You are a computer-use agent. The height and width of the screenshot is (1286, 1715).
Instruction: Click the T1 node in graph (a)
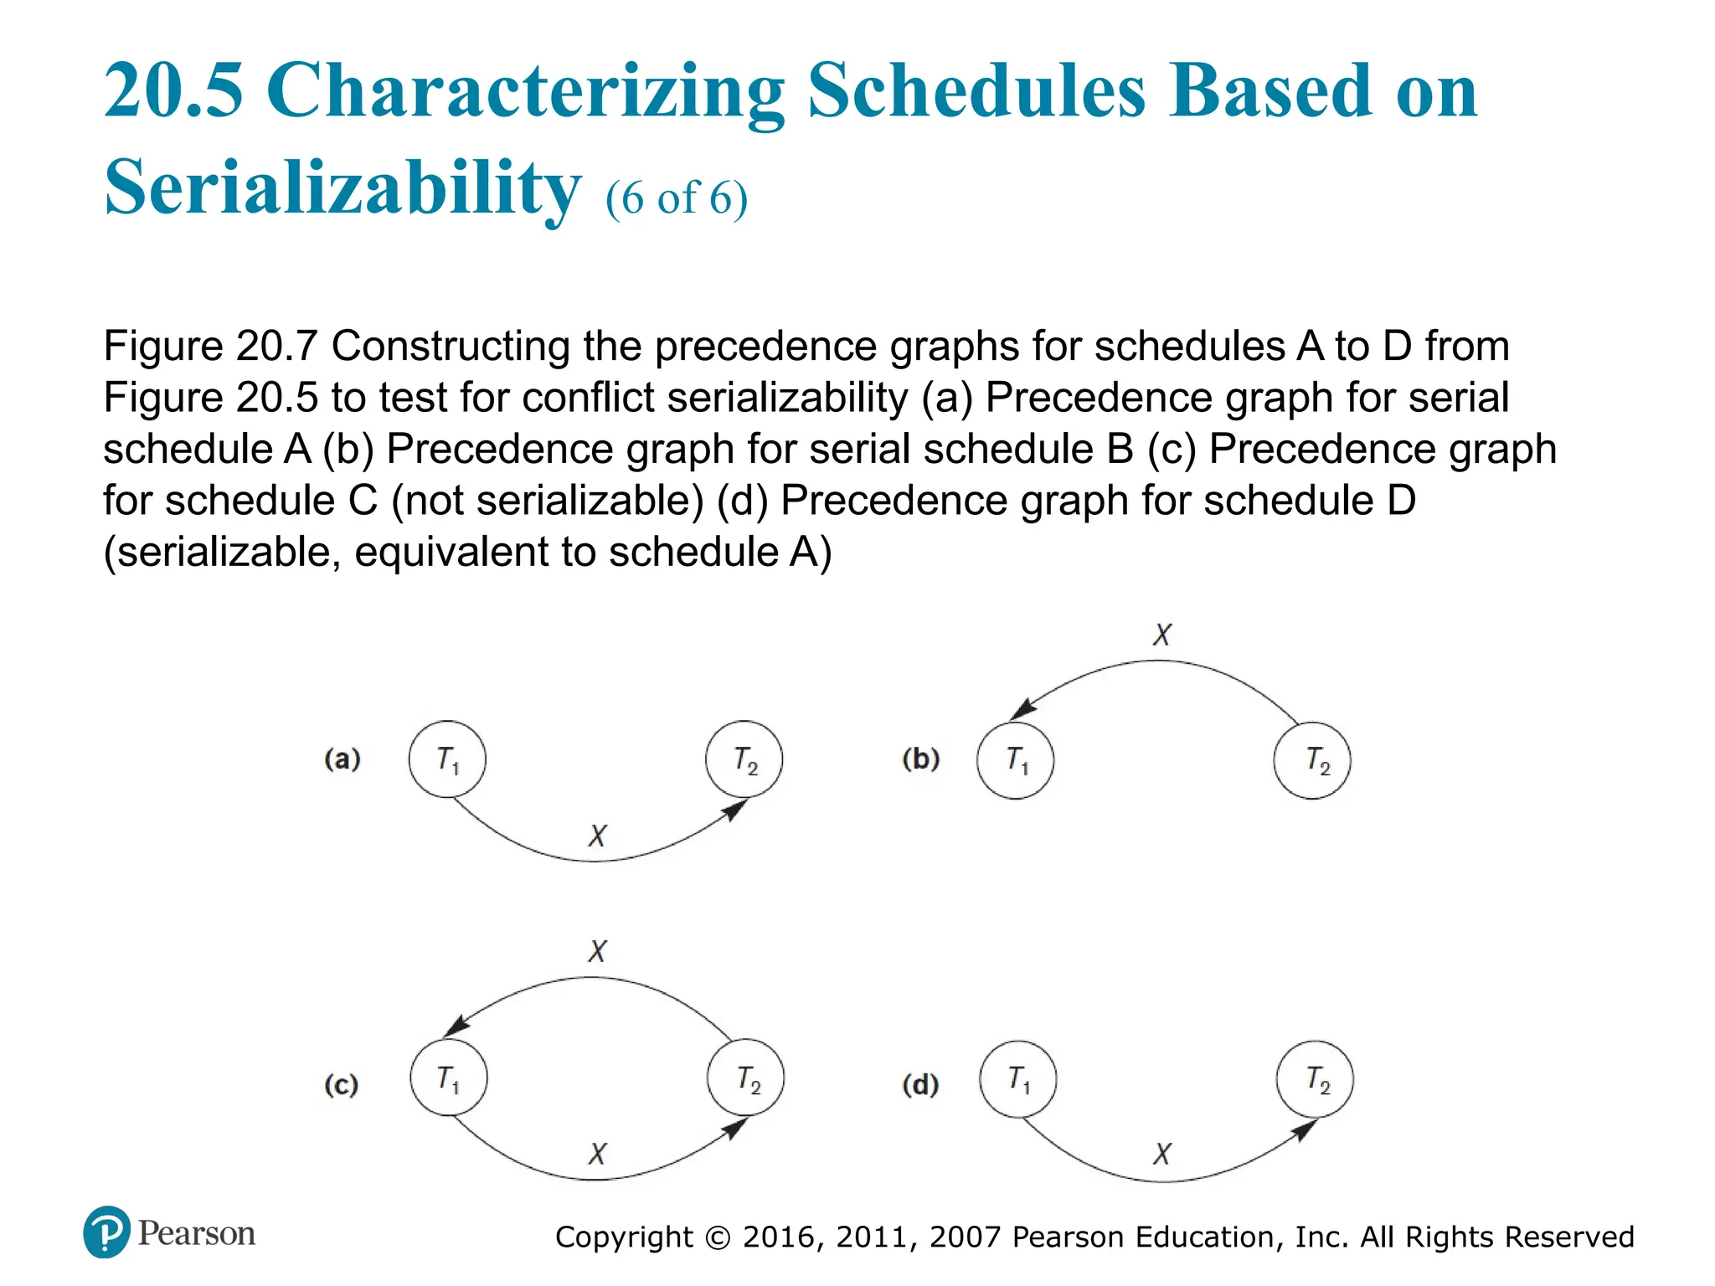447,759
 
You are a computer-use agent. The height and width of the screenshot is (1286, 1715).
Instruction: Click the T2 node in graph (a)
744,759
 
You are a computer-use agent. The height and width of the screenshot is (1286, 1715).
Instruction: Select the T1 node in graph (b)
1016,760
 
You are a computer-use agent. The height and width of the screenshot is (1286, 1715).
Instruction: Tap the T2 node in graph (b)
1312,760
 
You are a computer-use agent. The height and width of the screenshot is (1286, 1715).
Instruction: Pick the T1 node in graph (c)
449,1078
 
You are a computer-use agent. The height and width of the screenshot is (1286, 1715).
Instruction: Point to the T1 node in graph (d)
1018,1079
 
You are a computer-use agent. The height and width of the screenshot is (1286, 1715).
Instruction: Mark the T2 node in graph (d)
1315,1079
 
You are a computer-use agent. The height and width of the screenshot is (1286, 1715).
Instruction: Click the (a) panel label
342,759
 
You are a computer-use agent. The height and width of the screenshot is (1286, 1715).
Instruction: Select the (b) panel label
921,759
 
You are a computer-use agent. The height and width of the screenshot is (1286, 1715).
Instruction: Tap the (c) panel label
342,1085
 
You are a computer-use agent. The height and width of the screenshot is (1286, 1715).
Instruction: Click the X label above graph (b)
1162,635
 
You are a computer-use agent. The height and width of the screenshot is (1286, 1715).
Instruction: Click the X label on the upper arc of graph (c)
597,951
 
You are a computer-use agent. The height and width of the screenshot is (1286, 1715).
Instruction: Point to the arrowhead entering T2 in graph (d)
1303,1130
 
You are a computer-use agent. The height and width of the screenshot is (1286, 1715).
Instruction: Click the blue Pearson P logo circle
106,1232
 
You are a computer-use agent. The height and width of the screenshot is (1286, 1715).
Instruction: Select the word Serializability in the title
342,188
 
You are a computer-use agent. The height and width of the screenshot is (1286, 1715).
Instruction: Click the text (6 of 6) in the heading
677,198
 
